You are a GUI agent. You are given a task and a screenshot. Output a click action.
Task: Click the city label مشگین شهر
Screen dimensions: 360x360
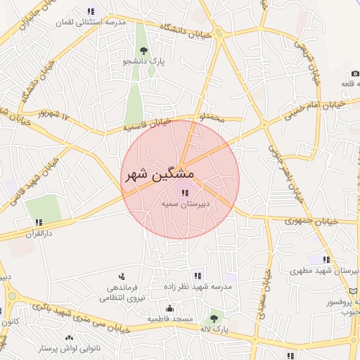[x=160, y=174]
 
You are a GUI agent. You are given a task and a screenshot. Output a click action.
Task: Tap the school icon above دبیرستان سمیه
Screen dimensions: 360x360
[x=184, y=193]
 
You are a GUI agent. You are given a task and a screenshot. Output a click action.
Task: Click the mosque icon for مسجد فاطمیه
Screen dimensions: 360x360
[x=169, y=309]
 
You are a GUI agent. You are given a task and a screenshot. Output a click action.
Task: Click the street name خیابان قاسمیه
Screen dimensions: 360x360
[x=148, y=124]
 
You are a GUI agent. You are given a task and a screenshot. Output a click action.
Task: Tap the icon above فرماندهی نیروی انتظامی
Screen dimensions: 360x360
[x=122, y=276]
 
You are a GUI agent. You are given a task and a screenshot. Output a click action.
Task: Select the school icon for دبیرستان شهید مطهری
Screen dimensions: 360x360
[x=326, y=259]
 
